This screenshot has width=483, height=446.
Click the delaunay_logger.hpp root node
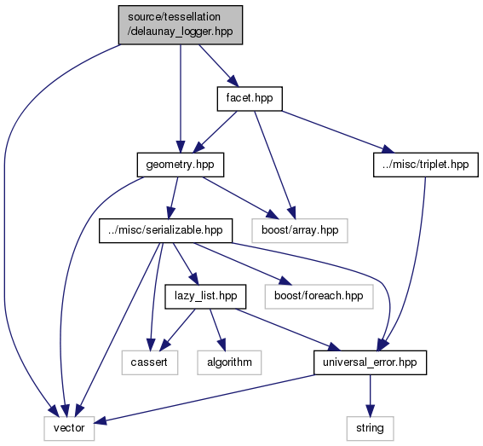(181, 25)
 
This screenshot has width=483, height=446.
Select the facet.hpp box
(250, 99)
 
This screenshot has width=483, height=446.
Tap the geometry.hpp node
(181, 165)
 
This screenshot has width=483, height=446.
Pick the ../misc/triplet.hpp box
(426, 165)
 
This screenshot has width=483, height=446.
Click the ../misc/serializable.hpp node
(165, 231)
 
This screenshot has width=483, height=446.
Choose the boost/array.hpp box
(300, 231)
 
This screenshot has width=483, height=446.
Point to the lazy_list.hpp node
(205, 297)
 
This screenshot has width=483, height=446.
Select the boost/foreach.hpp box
(319, 297)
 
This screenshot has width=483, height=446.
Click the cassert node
(150, 362)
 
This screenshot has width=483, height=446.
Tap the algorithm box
(229, 362)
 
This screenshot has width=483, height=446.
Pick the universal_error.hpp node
(370, 362)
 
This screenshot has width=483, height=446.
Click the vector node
(69, 428)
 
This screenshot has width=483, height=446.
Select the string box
(370, 428)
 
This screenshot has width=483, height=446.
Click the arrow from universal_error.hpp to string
(370, 396)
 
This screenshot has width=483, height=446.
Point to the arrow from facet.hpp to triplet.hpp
(338, 131)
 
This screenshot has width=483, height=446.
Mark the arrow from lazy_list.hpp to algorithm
(218, 329)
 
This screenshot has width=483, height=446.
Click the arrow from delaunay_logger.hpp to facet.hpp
(219, 66)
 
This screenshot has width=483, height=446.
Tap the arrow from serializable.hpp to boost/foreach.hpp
(242, 264)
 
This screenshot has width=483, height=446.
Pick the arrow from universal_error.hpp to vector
(204, 398)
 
